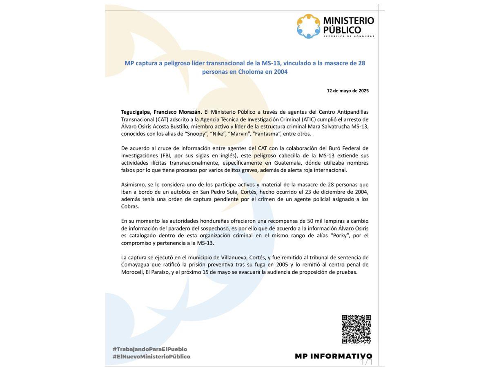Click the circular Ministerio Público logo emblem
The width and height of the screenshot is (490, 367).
tap(309, 26)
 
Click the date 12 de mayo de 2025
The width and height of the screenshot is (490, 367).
tap(347, 91)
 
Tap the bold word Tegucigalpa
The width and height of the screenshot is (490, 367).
tap(136, 112)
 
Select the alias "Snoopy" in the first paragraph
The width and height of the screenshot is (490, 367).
tap(195, 134)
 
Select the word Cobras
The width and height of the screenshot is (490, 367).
tap(130, 206)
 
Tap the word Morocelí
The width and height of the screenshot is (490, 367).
tap(132, 272)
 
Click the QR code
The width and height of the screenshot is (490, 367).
tap(356, 329)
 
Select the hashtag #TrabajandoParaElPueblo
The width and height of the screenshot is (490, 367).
tap(150, 349)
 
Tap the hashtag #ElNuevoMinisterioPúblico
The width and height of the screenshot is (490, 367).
tap(151, 356)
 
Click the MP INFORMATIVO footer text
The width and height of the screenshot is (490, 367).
tap(334, 356)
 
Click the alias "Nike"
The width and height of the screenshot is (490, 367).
tap(218, 134)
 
